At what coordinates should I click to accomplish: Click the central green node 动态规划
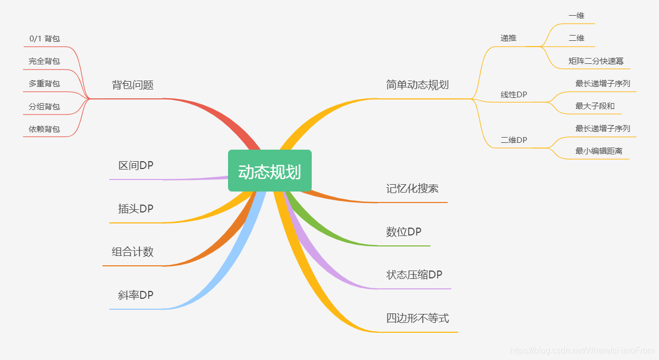click(x=269, y=171)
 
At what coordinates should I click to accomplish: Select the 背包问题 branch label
click(x=133, y=85)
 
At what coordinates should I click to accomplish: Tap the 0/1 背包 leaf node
click(x=44, y=39)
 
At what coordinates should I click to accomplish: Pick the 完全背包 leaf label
click(x=44, y=61)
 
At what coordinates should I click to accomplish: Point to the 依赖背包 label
click(x=44, y=129)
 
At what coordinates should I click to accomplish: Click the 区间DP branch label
click(x=136, y=166)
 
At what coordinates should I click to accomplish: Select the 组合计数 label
click(x=133, y=252)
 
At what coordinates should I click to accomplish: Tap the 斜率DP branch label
click(x=136, y=296)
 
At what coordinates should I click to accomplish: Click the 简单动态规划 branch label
click(x=417, y=85)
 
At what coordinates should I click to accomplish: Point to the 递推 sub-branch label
click(x=508, y=38)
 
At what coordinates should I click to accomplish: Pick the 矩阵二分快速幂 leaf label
click(x=596, y=61)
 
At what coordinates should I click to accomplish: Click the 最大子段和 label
click(x=595, y=106)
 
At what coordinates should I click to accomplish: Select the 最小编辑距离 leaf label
click(x=599, y=151)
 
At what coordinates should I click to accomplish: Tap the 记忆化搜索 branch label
click(x=412, y=189)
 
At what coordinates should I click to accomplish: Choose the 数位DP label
click(x=404, y=232)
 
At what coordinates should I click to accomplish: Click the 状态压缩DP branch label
click(x=414, y=275)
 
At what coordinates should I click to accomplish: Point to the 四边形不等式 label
click(x=417, y=319)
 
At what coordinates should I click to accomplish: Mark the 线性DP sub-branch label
click(x=514, y=95)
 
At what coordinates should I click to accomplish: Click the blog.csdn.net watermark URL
click(x=582, y=351)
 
